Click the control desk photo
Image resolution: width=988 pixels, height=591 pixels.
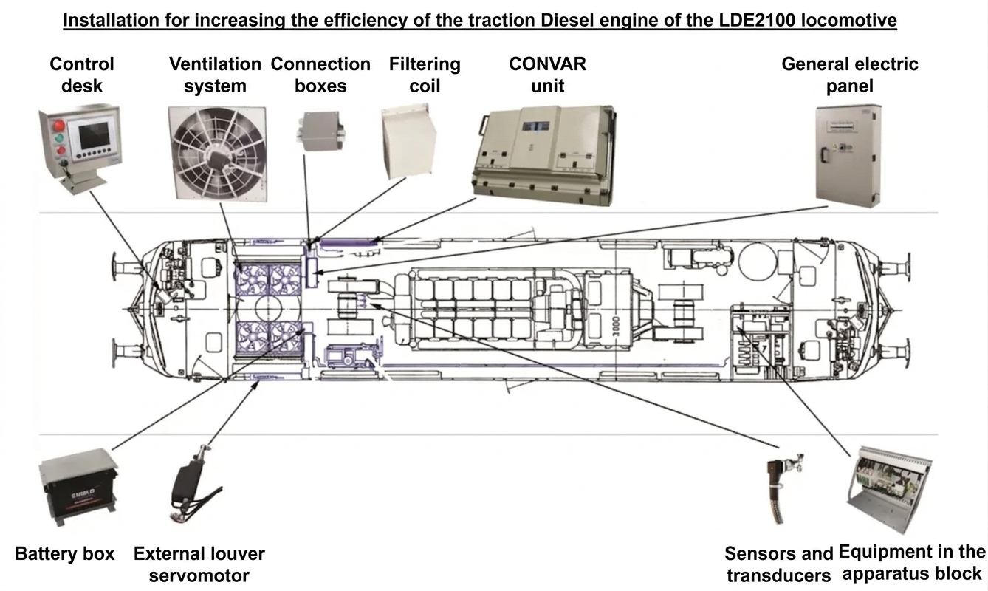pos(80,148)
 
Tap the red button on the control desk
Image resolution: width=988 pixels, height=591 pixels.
pos(58,126)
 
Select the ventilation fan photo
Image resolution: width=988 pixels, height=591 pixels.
pos(217,154)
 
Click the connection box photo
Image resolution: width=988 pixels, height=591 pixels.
pos(321,131)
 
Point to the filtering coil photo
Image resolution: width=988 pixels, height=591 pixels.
pos(408,141)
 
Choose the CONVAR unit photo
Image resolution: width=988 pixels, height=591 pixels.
pos(544,154)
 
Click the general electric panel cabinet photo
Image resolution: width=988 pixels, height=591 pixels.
pos(848,155)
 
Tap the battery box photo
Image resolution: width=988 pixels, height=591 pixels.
pos(78,486)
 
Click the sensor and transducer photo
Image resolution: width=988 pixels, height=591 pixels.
pos(784,488)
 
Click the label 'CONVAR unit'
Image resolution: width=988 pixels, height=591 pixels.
pos(547,75)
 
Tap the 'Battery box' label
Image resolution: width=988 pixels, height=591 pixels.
pos(65,553)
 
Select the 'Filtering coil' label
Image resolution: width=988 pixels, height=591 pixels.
pos(425,75)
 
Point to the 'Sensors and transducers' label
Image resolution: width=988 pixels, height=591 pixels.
pos(778,564)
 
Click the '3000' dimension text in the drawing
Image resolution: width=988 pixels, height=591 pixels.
pos(616,327)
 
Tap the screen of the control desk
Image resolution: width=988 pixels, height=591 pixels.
pos(94,135)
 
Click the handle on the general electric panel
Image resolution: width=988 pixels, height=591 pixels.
pos(823,157)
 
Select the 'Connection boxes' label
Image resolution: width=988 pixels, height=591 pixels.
pos(320,75)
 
